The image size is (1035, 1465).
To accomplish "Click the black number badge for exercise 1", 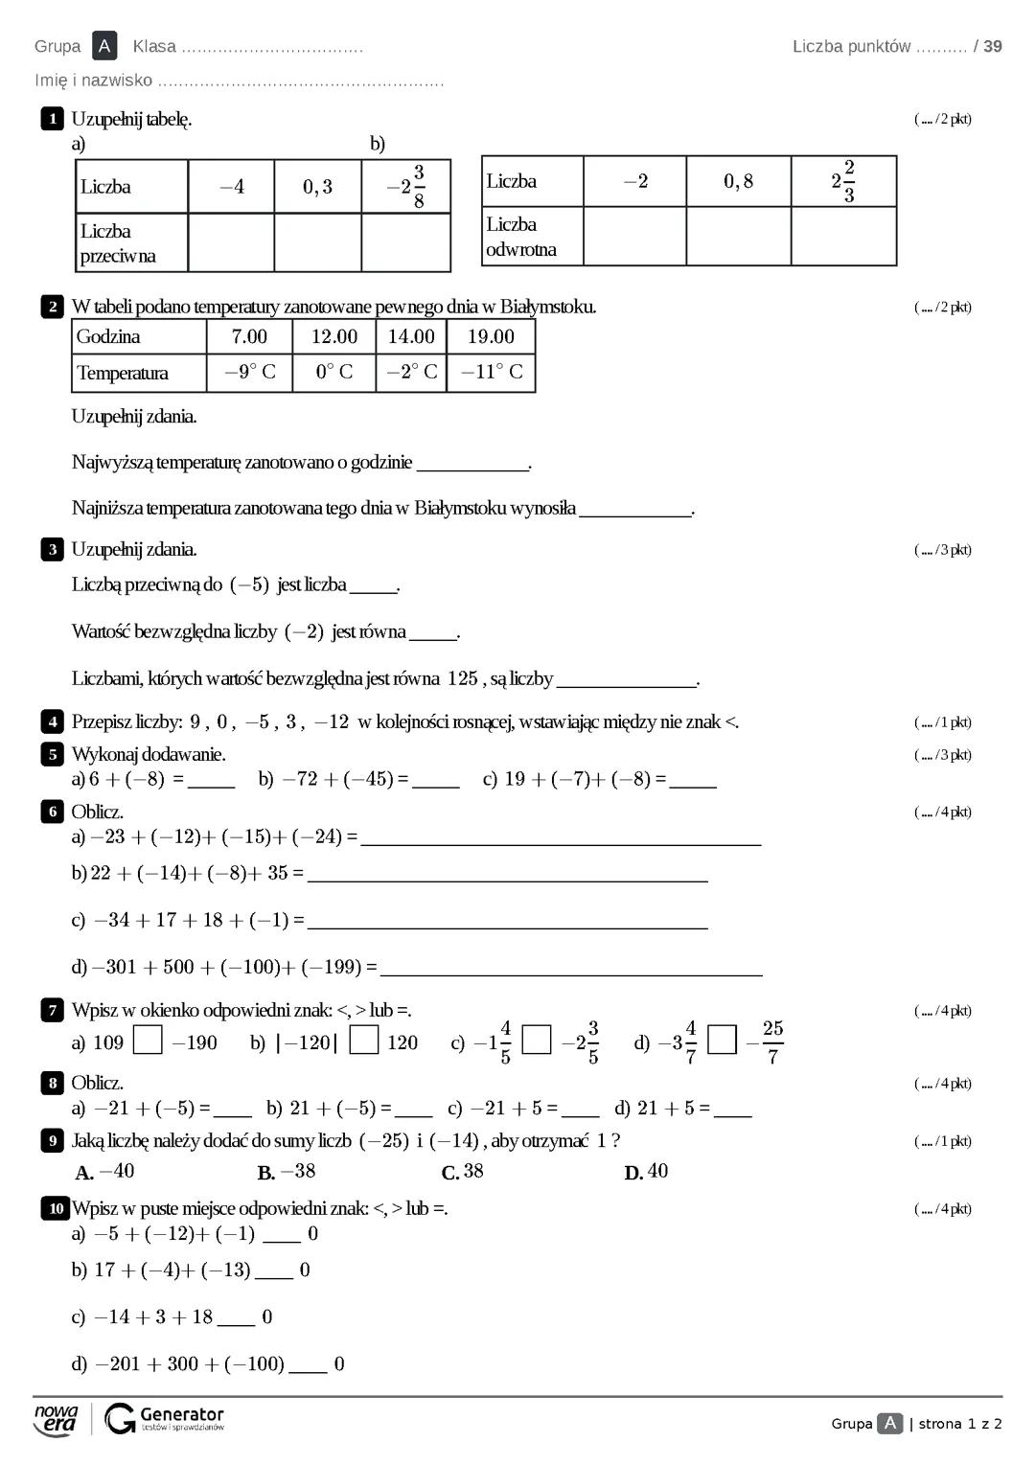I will pyautogui.click(x=52, y=119).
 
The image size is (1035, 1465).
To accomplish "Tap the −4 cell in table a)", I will pyautogui.click(x=231, y=187).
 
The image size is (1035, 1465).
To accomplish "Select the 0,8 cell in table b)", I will pyautogui.click(x=738, y=181).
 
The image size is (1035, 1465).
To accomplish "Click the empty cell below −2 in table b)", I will pyautogui.click(x=634, y=236).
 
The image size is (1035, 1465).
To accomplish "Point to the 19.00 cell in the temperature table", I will pyautogui.click(x=491, y=336).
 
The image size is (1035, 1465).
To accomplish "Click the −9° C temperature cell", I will pyautogui.click(x=249, y=372).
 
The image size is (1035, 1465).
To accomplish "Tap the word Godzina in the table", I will pyautogui.click(x=108, y=336).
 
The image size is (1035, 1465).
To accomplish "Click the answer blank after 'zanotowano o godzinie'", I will pyautogui.click(x=472, y=464).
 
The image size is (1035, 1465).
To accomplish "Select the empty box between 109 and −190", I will pyautogui.click(x=148, y=1041).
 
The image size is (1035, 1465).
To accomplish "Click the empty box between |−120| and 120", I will pyautogui.click(x=364, y=1041).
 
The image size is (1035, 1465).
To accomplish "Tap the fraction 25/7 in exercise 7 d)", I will pyautogui.click(x=772, y=1042).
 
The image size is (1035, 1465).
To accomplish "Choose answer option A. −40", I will pyautogui.click(x=105, y=1172).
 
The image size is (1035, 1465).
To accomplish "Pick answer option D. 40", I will pyautogui.click(x=647, y=1172).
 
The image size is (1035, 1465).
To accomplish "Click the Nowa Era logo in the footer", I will pyautogui.click(x=56, y=1419).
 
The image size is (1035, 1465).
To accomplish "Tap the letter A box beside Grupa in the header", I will pyautogui.click(x=104, y=46).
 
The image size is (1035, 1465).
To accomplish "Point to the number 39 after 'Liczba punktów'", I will pyautogui.click(x=993, y=46).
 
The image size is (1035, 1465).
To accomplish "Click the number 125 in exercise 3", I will pyautogui.click(x=462, y=678).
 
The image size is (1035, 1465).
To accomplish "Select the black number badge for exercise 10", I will pyautogui.click(x=55, y=1208).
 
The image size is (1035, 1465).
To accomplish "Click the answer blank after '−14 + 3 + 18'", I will pyautogui.click(x=237, y=1318).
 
